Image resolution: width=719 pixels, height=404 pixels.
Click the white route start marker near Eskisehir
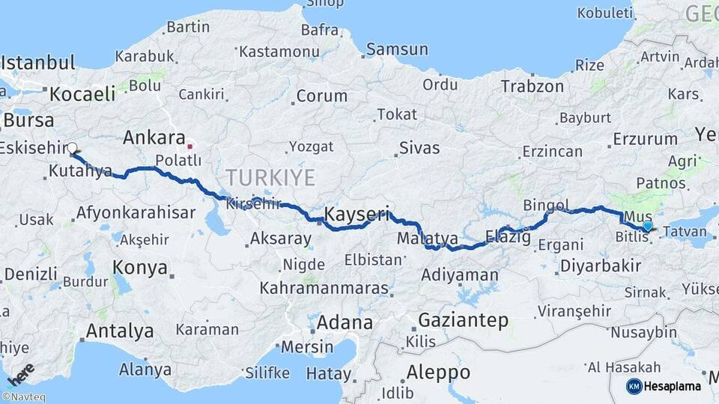point(73,148)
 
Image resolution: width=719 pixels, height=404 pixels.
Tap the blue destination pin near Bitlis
point(647,225)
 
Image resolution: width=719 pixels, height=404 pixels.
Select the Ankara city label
point(154,138)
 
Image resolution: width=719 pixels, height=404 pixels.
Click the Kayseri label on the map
point(357,215)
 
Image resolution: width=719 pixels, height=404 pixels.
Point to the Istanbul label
point(37,62)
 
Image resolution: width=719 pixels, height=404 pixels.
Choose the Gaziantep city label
point(463,320)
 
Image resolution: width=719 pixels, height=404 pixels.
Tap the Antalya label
point(120,331)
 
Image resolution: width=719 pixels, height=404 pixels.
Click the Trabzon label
point(533,86)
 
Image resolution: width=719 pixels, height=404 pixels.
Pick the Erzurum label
point(645,138)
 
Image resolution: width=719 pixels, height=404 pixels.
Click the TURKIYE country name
point(271,177)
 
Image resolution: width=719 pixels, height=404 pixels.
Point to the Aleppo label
point(438,372)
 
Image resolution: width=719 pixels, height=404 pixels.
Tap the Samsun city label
point(398,50)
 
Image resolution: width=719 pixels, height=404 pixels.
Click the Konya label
point(135,267)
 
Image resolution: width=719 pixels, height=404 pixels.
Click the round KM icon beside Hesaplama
point(634,386)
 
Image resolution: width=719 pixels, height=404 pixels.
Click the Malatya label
point(427,238)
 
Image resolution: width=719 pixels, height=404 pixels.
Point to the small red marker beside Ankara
point(190,147)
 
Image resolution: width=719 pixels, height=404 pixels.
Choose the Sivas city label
point(419,147)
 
